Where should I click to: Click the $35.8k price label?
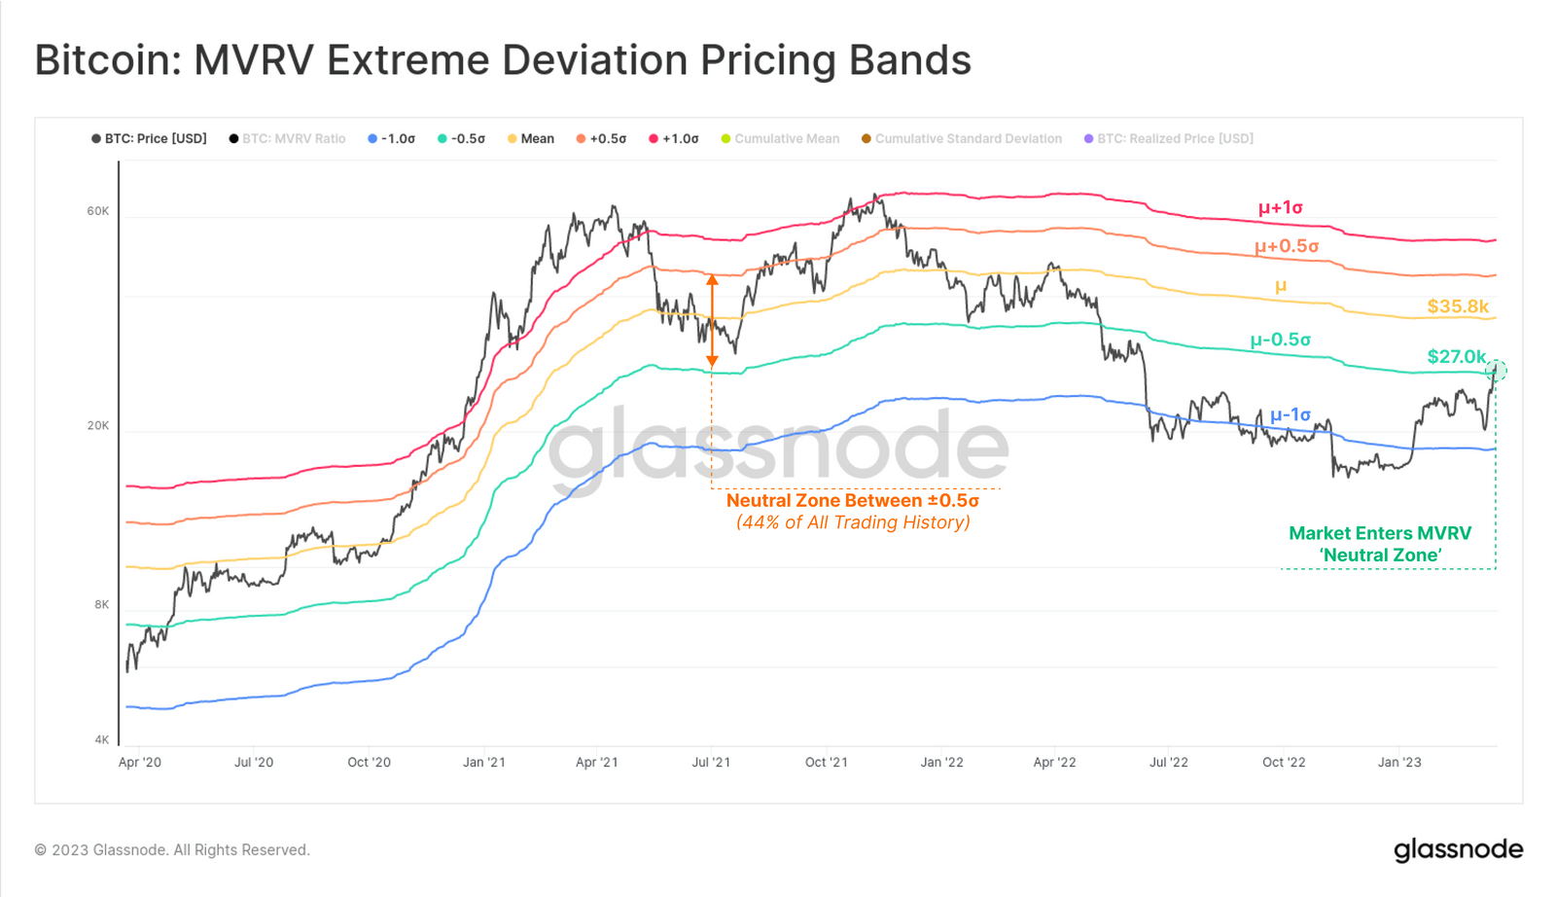click(x=1457, y=306)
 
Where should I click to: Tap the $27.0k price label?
click(x=1456, y=356)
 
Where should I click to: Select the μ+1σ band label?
click(x=1280, y=207)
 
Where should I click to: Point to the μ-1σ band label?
click(x=1290, y=414)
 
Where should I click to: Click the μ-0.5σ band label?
click(x=1280, y=340)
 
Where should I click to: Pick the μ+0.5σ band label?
click(x=1286, y=246)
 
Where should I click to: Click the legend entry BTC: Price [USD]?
click(x=150, y=139)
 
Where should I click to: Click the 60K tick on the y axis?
click(x=98, y=211)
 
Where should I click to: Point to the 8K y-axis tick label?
click(x=102, y=604)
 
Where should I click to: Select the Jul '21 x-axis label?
click(x=711, y=762)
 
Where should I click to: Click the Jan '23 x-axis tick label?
click(x=1398, y=762)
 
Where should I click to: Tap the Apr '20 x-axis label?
click(x=140, y=762)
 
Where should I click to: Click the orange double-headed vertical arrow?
click(x=712, y=320)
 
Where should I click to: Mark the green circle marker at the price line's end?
click(x=1497, y=371)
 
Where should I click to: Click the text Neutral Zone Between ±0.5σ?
click(x=852, y=501)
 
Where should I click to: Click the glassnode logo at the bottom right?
click(x=1458, y=849)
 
